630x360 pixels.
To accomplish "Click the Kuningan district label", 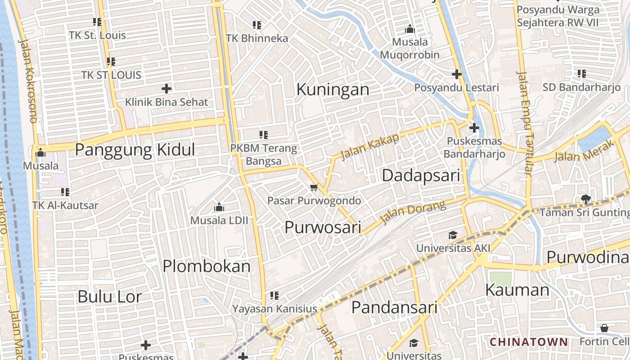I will pos(333,90).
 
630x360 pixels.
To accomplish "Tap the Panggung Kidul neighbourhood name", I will pos(135,150).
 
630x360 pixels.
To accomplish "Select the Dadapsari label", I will pos(421,175).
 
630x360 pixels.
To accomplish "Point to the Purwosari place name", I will pos(323,227).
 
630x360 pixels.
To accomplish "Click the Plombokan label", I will pos(207,266).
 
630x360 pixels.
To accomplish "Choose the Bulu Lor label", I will pos(110,297).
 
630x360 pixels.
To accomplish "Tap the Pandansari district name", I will pos(394,307).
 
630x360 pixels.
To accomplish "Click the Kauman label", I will pos(517,290).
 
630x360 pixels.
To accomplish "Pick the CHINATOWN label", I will pos(529,342).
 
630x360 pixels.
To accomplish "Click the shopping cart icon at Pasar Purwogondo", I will pos(314,187).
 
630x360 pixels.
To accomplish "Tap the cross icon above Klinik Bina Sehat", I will pos(166,89).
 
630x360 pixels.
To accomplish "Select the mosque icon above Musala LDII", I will pos(219,207).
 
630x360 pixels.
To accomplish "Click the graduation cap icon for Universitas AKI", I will pos(453,235).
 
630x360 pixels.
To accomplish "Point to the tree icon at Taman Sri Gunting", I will pos(585,198).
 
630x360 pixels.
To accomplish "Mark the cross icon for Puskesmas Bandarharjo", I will pos(474,128).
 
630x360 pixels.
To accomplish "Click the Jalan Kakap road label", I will pos(370,147).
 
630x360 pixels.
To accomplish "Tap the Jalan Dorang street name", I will pos(413,212).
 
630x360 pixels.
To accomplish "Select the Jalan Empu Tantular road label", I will pos(525,123).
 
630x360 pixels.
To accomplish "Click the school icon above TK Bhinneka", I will pos(257,25).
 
